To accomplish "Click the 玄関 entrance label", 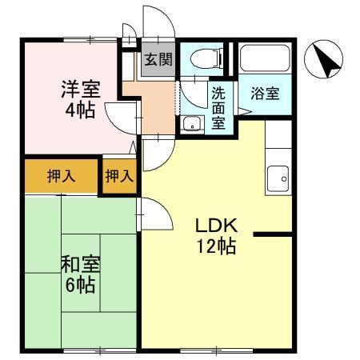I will click(158, 58).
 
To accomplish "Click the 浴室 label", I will click(265, 93).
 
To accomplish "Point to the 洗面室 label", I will click(218, 107).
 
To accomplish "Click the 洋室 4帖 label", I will click(80, 98).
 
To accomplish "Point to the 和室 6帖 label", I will click(80, 272).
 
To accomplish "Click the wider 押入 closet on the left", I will click(61, 177).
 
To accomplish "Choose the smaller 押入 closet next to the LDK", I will click(119, 177).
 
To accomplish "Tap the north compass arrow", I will click(325, 59).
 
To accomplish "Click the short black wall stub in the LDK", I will click(272, 234).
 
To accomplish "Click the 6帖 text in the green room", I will click(81, 284).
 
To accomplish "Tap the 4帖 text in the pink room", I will click(80, 110).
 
